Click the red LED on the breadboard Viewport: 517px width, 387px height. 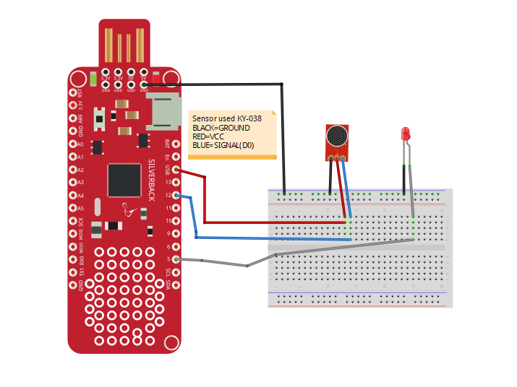click(406, 134)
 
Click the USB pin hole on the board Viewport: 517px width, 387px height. click(176, 169)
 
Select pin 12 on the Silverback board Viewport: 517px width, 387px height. click(176, 195)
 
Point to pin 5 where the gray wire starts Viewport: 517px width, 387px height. click(176, 259)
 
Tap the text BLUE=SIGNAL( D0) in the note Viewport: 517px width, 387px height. click(223, 145)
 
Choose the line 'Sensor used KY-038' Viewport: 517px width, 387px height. click(226, 118)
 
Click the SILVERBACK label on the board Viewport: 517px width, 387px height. click(151, 180)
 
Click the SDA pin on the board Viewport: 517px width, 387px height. click(176, 285)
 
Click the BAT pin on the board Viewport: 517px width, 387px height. click(176, 144)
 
